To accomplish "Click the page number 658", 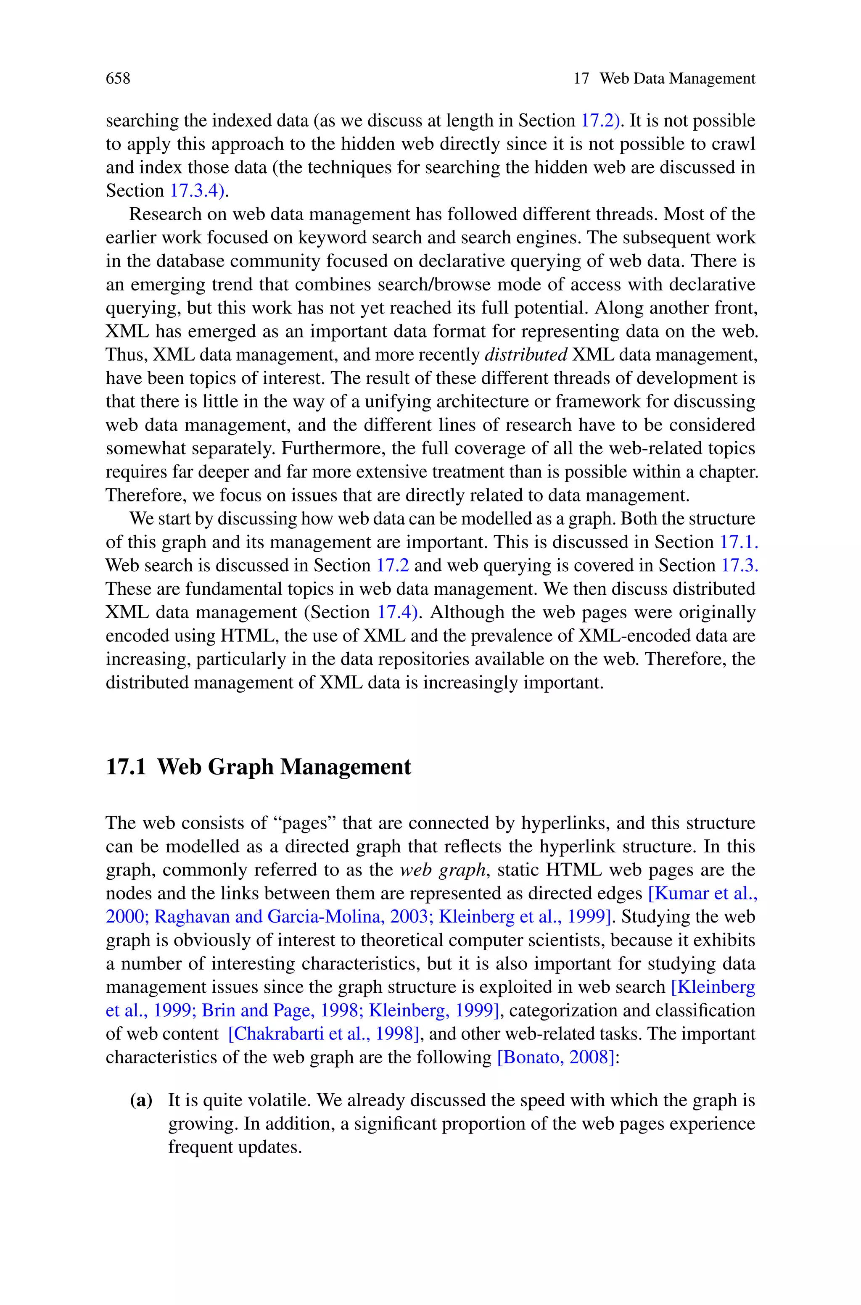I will coord(118,79).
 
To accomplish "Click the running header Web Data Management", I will coord(677,79).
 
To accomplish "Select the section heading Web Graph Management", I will coord(284,767).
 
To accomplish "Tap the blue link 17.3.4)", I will coord(197,190).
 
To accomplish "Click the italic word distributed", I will coord(526,355).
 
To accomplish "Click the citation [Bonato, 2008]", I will coord(555,1057).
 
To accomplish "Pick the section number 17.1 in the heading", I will coord(126,767).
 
